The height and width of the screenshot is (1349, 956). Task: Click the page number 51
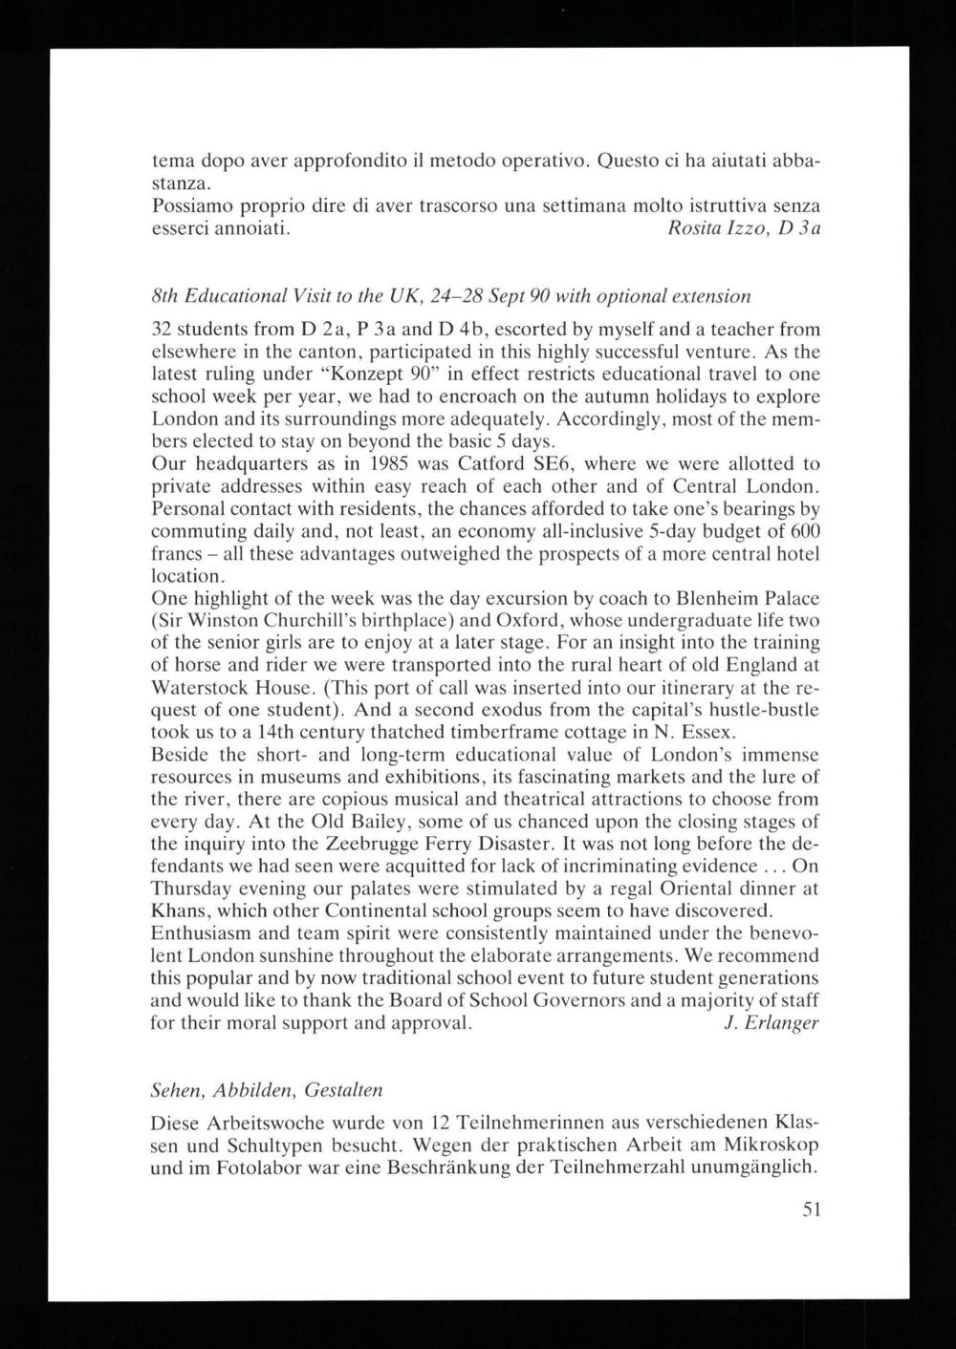[811, 1210]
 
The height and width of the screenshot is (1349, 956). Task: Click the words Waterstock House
[226, 688]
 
